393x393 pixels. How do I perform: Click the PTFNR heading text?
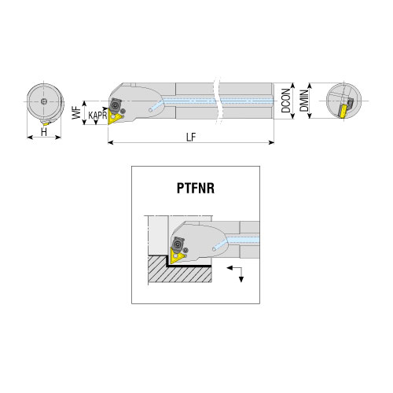pos(196,188)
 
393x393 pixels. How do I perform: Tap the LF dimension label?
pos(191,137)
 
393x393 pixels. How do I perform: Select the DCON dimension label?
pos(286,101)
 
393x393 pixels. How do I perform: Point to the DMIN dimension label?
pos(304,101)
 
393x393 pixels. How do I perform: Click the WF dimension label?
pos(76,112)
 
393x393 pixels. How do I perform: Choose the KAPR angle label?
pos(97,116)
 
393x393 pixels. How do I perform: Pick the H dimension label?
pos(44,132)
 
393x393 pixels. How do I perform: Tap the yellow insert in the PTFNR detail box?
pos(175,256)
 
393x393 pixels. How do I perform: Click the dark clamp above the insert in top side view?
pos(115,105)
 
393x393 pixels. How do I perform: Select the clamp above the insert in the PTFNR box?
pos(178,244)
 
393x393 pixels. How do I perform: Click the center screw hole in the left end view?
pos(44,101)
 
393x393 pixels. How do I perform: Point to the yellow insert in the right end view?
pos(343,111)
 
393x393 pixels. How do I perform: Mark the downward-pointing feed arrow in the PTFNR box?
pos(241,275)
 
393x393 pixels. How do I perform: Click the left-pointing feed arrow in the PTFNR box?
pos(234,268)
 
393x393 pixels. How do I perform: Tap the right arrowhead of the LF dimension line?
pos(271,142)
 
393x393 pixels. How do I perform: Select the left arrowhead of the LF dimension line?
pos(111,142)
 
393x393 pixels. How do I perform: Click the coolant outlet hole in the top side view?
pos(150,110)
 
